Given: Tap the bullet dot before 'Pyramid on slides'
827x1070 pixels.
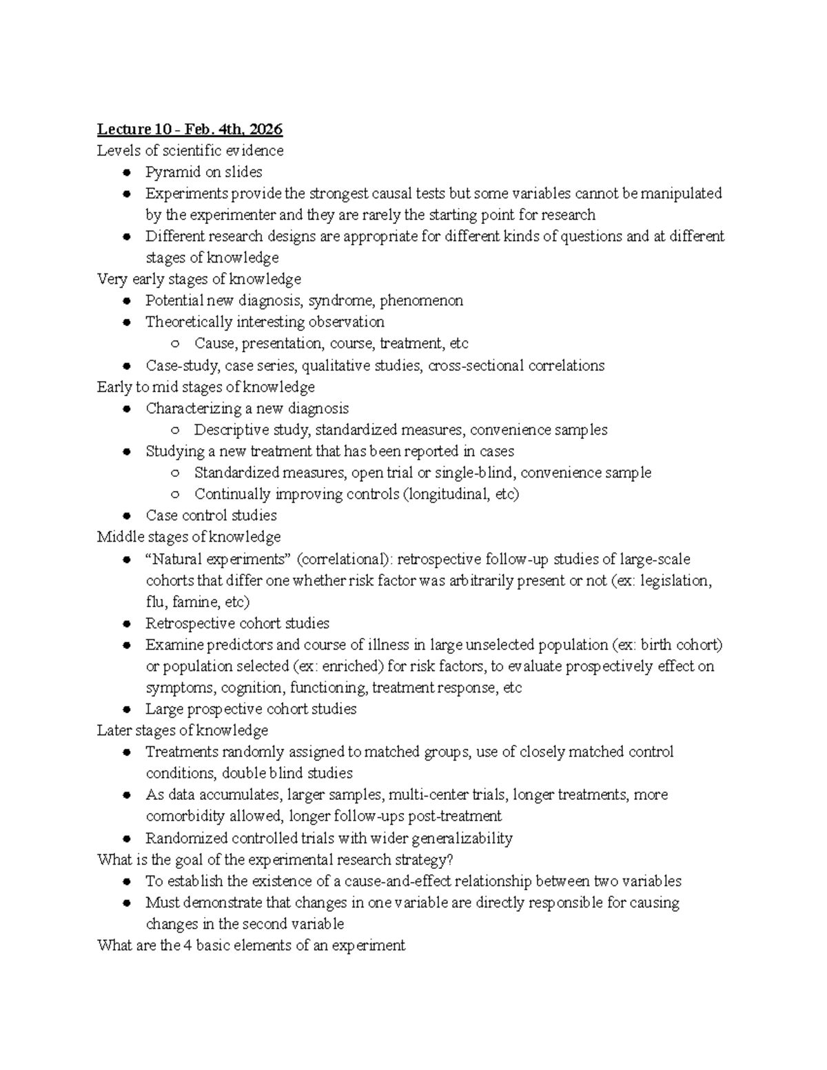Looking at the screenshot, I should [127, 172].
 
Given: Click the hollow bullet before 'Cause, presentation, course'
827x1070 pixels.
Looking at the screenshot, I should [176, 344].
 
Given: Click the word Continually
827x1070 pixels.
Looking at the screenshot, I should [232, 494].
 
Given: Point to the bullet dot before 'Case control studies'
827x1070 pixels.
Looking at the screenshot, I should [127, 516].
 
